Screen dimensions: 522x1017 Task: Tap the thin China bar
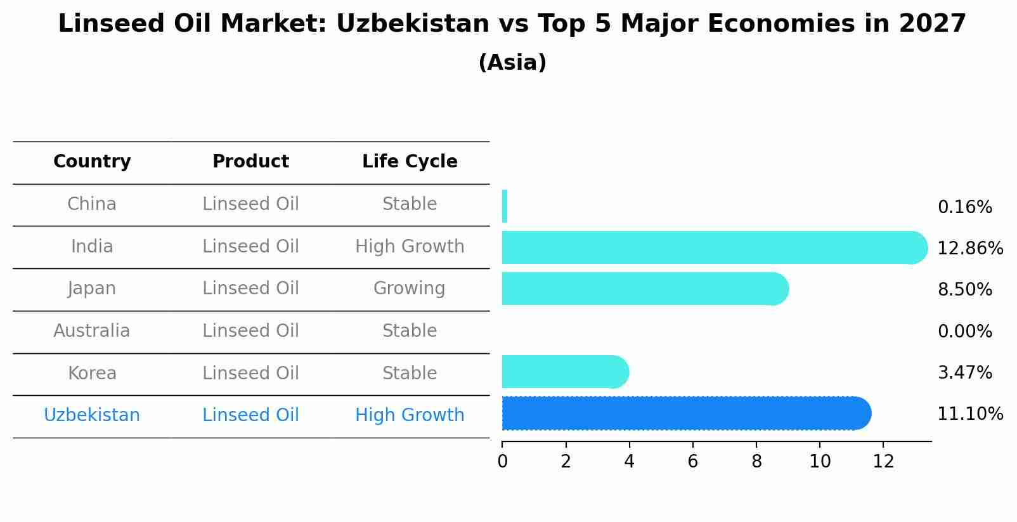[505, 206]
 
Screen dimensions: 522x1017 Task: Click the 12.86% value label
[969, 249]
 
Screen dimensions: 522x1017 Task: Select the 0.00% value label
[964, 332]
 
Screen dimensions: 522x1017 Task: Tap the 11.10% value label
[969, 414]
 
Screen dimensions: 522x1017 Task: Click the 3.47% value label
[964, 373]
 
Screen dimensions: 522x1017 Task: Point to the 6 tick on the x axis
[692, 462]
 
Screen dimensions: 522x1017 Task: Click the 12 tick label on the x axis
[883, 462]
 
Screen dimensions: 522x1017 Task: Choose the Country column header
[92, 162]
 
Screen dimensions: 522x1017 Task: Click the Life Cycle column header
[410, 162]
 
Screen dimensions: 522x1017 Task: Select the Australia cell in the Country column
[92, 331]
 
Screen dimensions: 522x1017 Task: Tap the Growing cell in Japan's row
[410, 289]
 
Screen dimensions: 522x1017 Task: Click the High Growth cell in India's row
[410, 247]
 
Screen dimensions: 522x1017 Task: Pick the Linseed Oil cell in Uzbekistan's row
[250, 415]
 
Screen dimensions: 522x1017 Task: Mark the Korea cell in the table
[92, 374]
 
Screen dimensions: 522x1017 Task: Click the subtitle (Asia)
[512, 63]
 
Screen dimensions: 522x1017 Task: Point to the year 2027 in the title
[932, 24]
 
